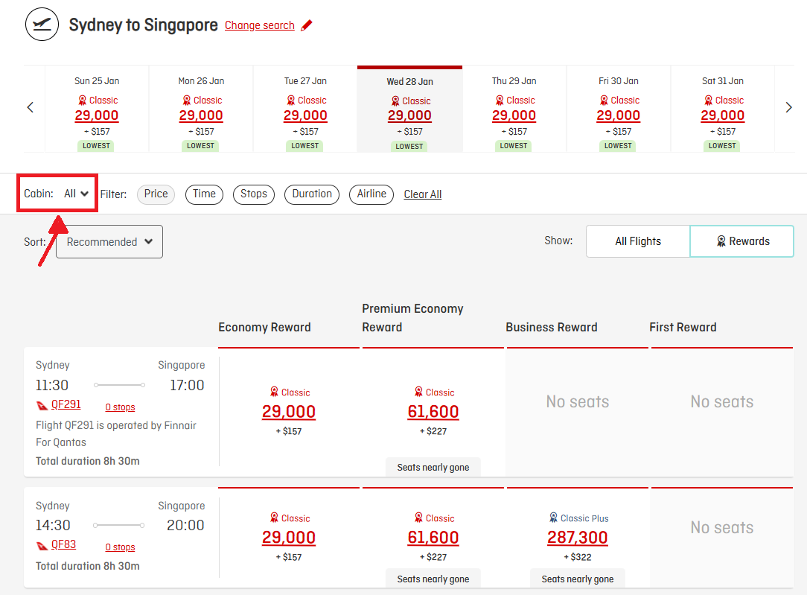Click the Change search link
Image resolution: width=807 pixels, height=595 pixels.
click(259, 25)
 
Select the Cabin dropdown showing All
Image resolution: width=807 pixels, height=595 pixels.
click(76, 194)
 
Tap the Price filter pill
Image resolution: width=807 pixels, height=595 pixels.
click(156, 194)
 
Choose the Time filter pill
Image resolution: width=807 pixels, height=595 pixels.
click(204, 194)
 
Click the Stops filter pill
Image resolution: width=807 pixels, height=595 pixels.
click(253, 194)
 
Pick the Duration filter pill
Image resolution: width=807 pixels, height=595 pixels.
click(312, 194)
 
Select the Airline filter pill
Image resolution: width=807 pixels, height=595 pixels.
click(371, 194)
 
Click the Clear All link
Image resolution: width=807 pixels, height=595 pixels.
click(422, 194)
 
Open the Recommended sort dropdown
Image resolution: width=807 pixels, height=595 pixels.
click(109, 242)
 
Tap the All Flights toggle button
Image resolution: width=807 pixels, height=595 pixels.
click(638, 241)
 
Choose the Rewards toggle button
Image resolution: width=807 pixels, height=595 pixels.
click(742, 241)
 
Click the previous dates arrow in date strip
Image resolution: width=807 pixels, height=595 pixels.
click(31, 107)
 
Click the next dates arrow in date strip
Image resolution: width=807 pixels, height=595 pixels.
click(788, 107)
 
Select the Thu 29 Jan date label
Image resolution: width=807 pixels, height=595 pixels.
click(514, 81)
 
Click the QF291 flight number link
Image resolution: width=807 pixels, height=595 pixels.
click(66, 405)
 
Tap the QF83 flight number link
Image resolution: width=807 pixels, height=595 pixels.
click(63, 544)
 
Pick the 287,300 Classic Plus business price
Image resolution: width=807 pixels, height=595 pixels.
click(578, 538)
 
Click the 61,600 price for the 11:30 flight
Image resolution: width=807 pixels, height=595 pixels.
click(433, 412)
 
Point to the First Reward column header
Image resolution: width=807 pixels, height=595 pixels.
click(683, 327)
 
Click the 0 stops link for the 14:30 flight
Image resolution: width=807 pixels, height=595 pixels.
click(120, 547)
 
